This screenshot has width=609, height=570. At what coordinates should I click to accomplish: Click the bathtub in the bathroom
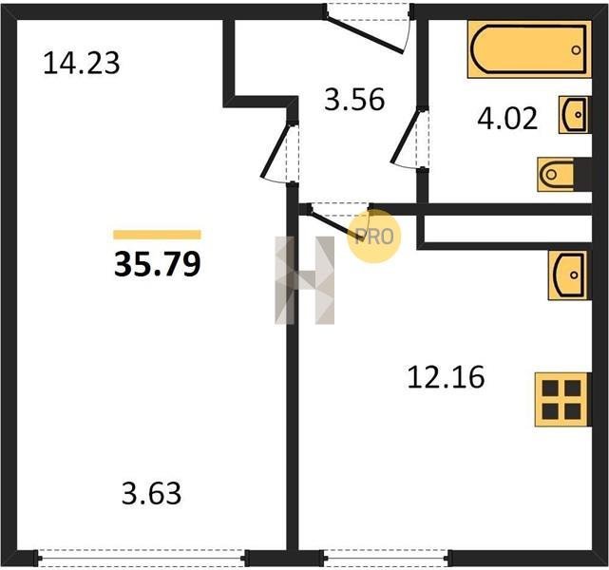click(529, 49)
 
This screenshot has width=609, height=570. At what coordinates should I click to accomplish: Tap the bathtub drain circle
click(576, 49)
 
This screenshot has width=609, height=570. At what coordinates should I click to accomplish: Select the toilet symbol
click(564, 175)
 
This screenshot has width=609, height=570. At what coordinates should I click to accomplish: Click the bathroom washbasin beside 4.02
click(574, 115)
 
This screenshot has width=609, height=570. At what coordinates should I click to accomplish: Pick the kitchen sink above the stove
click(568, 275)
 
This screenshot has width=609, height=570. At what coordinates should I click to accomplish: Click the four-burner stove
click(562, 400)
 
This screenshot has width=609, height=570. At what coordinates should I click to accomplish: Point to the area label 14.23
click(82, 64)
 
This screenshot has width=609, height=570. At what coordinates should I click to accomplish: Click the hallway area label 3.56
click(354, 100)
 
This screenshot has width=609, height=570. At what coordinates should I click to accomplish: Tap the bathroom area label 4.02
click(507, 119)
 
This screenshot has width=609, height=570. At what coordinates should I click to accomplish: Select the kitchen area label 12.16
click(446, 376)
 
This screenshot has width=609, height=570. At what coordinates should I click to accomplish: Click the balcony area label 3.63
click(151, 493)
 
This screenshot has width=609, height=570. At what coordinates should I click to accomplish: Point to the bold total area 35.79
click(158, 264)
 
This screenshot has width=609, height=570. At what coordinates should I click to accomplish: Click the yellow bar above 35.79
click(158, 235)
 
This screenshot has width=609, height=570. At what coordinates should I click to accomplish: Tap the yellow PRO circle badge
click(373, 237)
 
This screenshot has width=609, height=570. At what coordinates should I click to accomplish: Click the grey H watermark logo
click(304, 280)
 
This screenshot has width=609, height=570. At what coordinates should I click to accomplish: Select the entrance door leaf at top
click(364, 35)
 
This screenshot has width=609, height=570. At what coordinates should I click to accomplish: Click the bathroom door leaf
click(406, 136)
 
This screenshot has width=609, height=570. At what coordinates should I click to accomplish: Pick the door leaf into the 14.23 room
click(276, 150)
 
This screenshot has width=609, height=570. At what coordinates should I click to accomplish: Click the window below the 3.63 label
click(143, 559)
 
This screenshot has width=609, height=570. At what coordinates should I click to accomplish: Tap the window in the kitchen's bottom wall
click(386, 559)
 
